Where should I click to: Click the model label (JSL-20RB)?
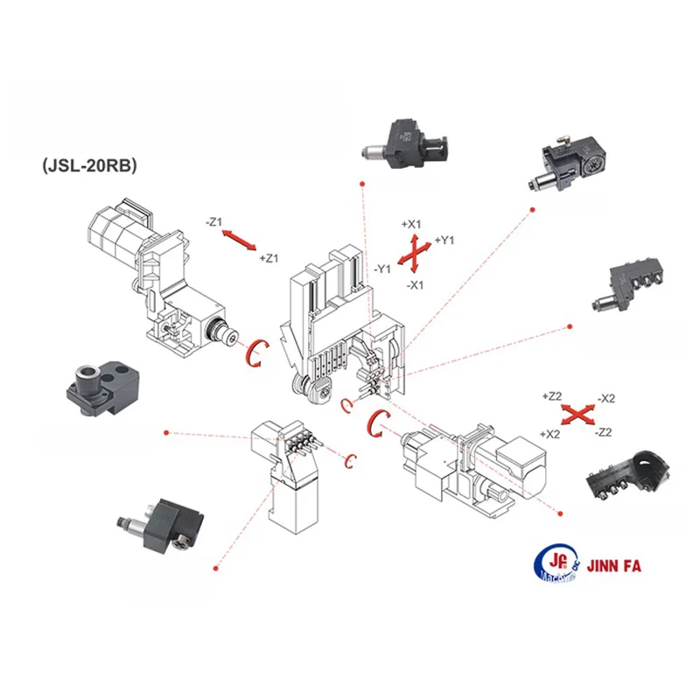pyautogui.click(x=88, y=165)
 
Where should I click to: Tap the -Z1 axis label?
pyautogui.click(x=215, y=222)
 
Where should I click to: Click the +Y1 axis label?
pyautogui.click(x=445, y=240)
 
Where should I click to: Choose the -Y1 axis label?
pyautogui.click(x=381, y=269)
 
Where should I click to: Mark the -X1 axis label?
pyautogui.click(x=416, y=285)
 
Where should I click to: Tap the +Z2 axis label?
pyautogui.click(x=551, y=396)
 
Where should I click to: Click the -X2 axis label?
pyautogui.click(x=605, y=399)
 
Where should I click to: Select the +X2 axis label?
pyautogui.click(x=550, y=434)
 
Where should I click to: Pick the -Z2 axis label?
pyautogui.click(x=603, y=433)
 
